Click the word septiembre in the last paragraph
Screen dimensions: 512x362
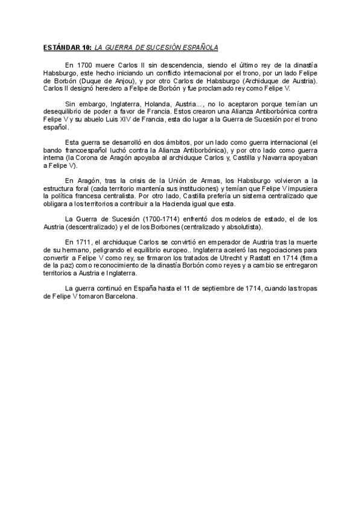212,289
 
